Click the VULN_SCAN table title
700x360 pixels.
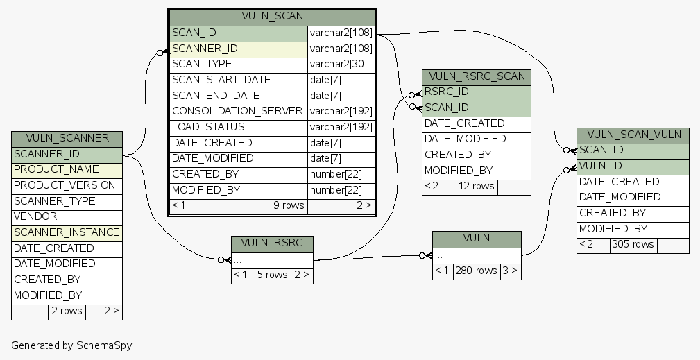click(x=273, y=16)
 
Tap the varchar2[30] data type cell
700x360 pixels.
click(x=338, y=65)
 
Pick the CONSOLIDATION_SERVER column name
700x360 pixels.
click(x=237, y=112)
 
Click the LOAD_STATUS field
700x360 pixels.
click(x=208, y=128)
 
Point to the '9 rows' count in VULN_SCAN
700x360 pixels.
click(x=288, y=205)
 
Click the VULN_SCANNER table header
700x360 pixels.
click(x=67, y=138)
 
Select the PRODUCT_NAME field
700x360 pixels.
click(x=56, y=170)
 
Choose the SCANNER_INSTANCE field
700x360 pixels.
click(x=67, y=233)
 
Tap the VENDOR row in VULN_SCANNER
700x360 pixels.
click(x=35, y=217)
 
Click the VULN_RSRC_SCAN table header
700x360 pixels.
click(x=477, y=76)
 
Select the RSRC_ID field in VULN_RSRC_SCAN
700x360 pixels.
click(x=447, y=92)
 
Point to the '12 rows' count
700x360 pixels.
click(x=476, y=187)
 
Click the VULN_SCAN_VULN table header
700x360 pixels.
click(x=633, y=135)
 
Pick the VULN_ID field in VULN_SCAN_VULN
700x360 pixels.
click(x=600, y=166)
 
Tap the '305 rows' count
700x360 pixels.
click(x=633, y=245)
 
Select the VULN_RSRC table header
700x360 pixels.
click(x=272, y=243)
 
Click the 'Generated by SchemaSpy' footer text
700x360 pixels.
click(x=71, y=345)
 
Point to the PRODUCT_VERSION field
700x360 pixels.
click(x=65, y=186)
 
